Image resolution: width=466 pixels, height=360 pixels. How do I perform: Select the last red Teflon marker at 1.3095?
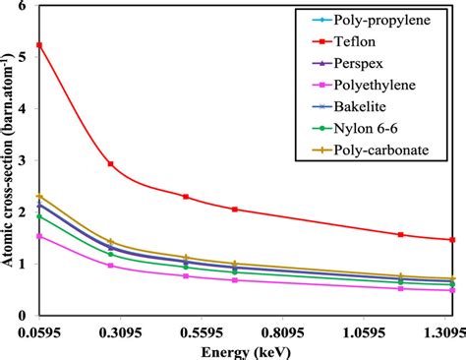(x=452, y=239)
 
